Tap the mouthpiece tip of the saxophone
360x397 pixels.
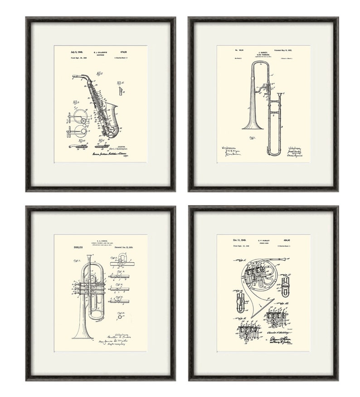point(73,76)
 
